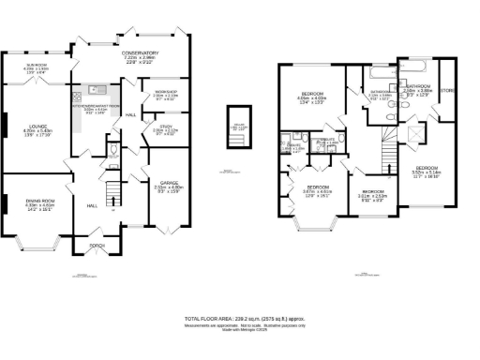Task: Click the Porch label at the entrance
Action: point(96,248)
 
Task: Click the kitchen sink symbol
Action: point(96,90)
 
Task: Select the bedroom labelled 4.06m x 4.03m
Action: point(311,97)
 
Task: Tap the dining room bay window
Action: point(37,246)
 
